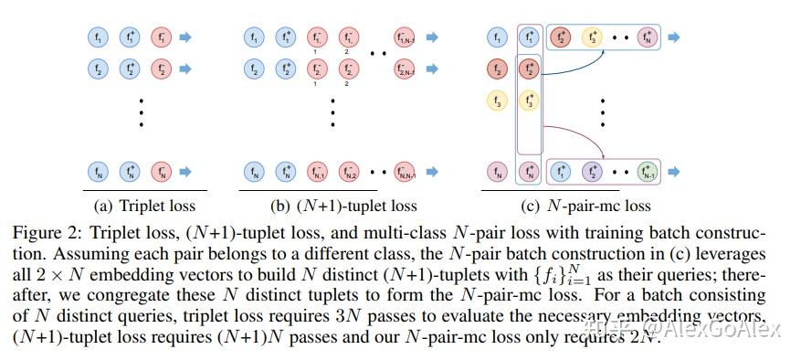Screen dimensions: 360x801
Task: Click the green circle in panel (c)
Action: [x=648, y=171]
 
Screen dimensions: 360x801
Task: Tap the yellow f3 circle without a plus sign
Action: [x=496, y=101]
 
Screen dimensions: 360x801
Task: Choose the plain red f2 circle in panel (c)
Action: [x=496, y=69]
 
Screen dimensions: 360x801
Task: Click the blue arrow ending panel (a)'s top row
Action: [x=186, y=38]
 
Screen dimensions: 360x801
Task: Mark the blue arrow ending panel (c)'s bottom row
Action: [x=673, y=171]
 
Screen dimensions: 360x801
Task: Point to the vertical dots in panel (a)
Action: [x=141, y=111]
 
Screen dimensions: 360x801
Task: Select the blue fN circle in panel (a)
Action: [x=98, y=171]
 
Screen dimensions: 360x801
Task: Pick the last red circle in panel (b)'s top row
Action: [x=405, y=38]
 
